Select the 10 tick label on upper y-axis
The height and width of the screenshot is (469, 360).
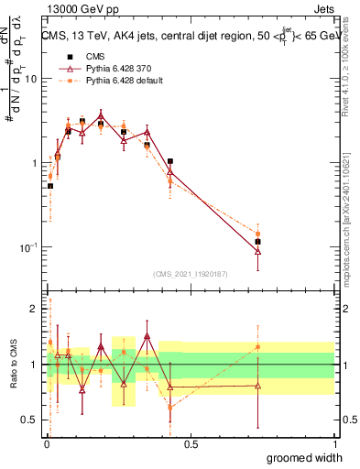coord(29,79)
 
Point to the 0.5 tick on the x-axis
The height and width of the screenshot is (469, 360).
coord(190,444)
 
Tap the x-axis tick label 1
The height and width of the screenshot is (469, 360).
coord(334,444)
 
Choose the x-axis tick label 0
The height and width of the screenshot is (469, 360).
coord(47,444)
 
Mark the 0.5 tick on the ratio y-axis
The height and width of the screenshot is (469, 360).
coord(29,420)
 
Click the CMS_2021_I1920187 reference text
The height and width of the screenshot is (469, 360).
coord(189,273)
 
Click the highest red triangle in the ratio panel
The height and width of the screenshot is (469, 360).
coord(147,336)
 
